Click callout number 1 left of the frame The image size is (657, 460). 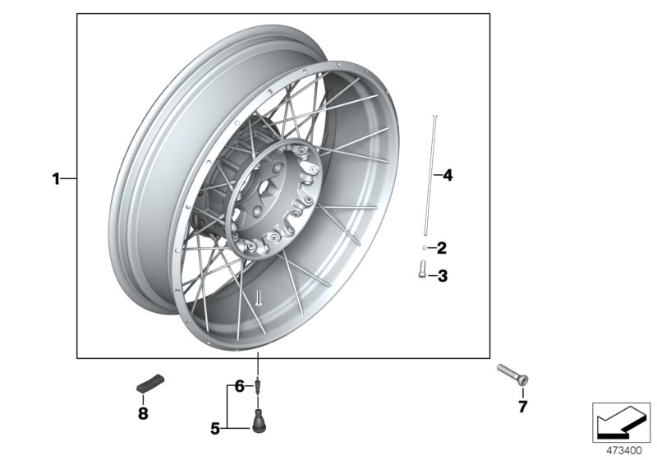tap(56, 178)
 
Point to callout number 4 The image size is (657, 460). tap(448, 175)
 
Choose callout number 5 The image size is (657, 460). tap(215, 427)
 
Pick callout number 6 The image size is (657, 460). tap(239, 385)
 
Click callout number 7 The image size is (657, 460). tap(522, 407)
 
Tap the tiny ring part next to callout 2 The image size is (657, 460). tap(423, 247)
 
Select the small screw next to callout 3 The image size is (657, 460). tap(422, 269)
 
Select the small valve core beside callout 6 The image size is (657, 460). tap(259, 385)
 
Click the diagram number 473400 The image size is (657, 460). tap(625, 450)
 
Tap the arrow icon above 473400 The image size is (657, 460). tap(621, 422)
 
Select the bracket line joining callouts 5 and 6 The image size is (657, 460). tap(230, 407)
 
